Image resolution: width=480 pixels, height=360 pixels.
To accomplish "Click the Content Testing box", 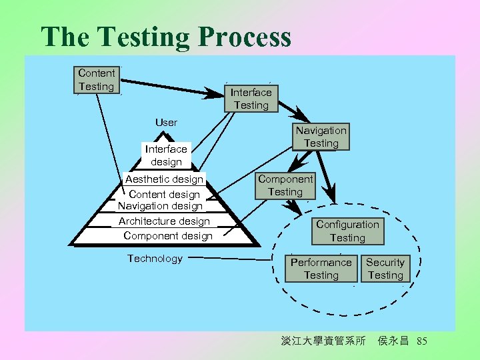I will point(97,79).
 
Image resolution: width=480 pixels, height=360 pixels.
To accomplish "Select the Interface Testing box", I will point(251,99).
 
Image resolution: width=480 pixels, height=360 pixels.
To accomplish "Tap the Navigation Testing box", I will point(321,137).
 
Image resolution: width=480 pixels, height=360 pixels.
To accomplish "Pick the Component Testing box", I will point(285,185).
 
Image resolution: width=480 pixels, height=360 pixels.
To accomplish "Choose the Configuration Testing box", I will point(347,231).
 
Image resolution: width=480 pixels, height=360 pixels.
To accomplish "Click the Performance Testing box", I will point(321,269).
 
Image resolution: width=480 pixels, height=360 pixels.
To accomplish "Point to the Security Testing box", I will point(385,269).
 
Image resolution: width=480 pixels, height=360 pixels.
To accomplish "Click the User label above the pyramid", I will point(166,122).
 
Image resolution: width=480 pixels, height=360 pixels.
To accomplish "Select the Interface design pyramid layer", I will point(166,155).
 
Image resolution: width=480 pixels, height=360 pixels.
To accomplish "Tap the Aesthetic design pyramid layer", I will point(164,179).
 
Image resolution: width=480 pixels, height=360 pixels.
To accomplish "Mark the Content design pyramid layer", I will point(164,194).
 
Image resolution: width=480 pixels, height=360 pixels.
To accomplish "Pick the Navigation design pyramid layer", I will point(160,206).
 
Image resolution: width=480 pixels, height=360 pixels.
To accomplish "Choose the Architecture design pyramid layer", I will point(164,221).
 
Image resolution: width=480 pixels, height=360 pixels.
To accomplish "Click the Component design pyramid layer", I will point(168,236).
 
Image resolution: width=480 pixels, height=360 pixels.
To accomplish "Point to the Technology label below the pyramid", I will point(155,259).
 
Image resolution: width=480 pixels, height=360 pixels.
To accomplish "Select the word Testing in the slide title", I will point(137,37).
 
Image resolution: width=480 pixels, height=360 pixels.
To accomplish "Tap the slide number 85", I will point(421,341).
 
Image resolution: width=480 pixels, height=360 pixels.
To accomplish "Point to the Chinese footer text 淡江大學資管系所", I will point(323,341).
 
